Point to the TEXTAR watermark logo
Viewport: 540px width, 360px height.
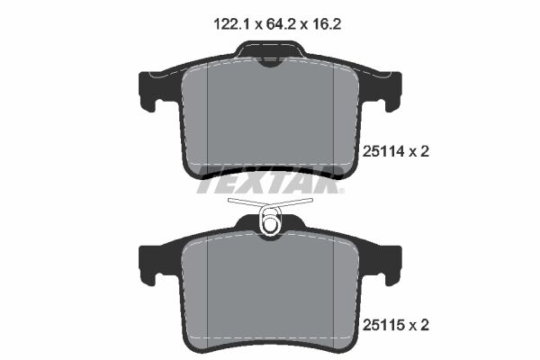pyautogui.click(x=268, y=185)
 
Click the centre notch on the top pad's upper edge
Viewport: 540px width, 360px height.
pyautogui.click(x=269, y=59)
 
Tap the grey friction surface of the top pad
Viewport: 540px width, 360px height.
pyautogui.click(x=270, y=117)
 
